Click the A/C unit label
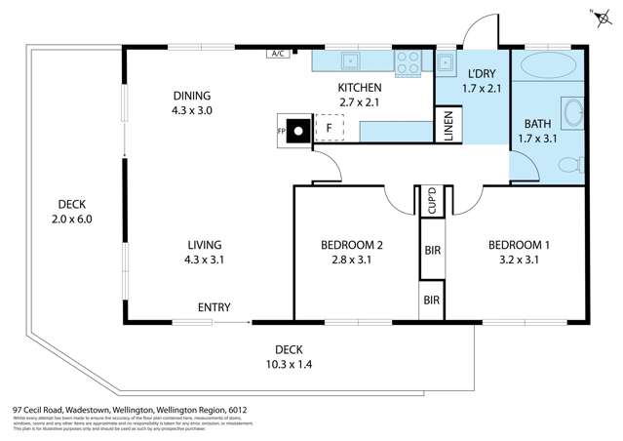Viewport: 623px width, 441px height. pyautogui.click(x=277, y=53)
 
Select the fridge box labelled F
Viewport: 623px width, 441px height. pyautogui.click(x=331, y=128)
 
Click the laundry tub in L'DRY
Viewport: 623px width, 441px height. pyautogui.click(x=445, y=62)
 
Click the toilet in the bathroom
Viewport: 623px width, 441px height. pyautogui.click(x=577, y=163)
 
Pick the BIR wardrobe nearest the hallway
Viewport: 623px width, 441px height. pyautogui.click(x=432, y=249)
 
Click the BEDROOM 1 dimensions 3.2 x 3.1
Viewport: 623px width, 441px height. pyautogui.click(x=519, y=261)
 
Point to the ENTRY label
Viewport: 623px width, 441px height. pyautogui.click(x=214, y=308)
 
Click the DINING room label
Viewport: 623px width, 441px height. pyautogui.click(x=192, y=96)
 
